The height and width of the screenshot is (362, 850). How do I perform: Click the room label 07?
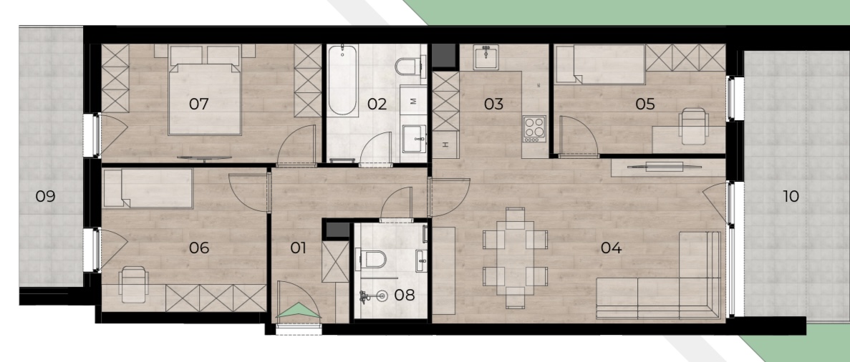pyautogui.click(x=199, y=104)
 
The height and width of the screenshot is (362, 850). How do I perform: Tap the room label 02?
pyautogui.click(x=377, y=104)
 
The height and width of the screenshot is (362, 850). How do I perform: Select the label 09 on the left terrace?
pyautogui.click(x=46, y=195)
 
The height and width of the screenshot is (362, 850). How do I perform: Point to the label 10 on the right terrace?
pyautogui.click(x=791, y=195)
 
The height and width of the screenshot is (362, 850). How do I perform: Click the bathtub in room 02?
pyautogui.click(x=342, y=80)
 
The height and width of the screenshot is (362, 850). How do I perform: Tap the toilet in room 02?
pyautogui.click(x=407, y=67)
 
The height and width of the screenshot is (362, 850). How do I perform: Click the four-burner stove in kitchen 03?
pyautogui.click(x=534, y=129)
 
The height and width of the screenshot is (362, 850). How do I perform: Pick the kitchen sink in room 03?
pyautogui.click(x=486, y=57)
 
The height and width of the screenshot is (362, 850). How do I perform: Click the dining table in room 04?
pyautogui.click(x=515, y=258)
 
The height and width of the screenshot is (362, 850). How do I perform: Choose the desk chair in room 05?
pyautogui.click(x=694, y=126)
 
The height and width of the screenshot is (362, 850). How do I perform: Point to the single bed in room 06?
pyautogui.click(x=148, y=188)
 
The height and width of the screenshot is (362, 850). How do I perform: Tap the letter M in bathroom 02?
pyautogui.click(x=415, y=102)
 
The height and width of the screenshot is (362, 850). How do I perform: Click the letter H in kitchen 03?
pyautogui.click(x=445, y=144)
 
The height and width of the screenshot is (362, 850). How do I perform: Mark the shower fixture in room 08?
pyautogui.click(x=374, y=296)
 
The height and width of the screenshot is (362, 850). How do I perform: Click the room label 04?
pyautogui.click(x=611, y=248)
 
